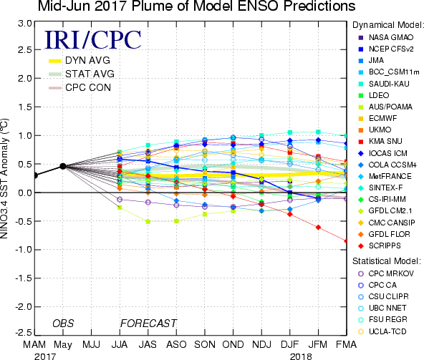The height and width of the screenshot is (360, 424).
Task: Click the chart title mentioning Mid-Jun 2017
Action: point(196,6)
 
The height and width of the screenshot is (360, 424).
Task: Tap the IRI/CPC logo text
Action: point(93,40)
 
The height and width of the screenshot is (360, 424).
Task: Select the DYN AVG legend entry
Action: point(79,61)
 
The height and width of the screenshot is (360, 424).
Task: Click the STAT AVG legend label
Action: point(90,74)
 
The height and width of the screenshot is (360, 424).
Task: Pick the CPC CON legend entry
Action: point(79,87)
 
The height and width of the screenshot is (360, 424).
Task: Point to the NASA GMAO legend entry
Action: point(386,37)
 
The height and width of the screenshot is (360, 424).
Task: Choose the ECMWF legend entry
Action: point(377,118)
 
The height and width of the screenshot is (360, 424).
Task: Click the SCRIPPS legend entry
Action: point(380,245)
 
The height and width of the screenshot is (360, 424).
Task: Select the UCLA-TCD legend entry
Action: point(382,331)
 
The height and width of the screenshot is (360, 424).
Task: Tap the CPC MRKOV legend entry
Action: point(386,273)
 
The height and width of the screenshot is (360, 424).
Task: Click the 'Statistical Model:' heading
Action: point(387,261)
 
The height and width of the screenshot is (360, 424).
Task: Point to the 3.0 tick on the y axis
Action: point(25,24)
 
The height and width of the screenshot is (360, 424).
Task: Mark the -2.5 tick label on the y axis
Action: point(24,332)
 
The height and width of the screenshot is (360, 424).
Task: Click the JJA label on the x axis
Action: point(120,344)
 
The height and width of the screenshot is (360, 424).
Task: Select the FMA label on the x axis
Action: point(346,344)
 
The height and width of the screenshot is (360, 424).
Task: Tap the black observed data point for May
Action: point(63,166)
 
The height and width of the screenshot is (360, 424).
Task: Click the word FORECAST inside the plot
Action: point(148,323)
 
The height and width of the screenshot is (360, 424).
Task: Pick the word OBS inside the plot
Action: point(63,323)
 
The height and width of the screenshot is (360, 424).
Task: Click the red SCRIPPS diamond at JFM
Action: point(318,228)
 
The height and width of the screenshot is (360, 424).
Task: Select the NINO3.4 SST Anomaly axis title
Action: point(4,178)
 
